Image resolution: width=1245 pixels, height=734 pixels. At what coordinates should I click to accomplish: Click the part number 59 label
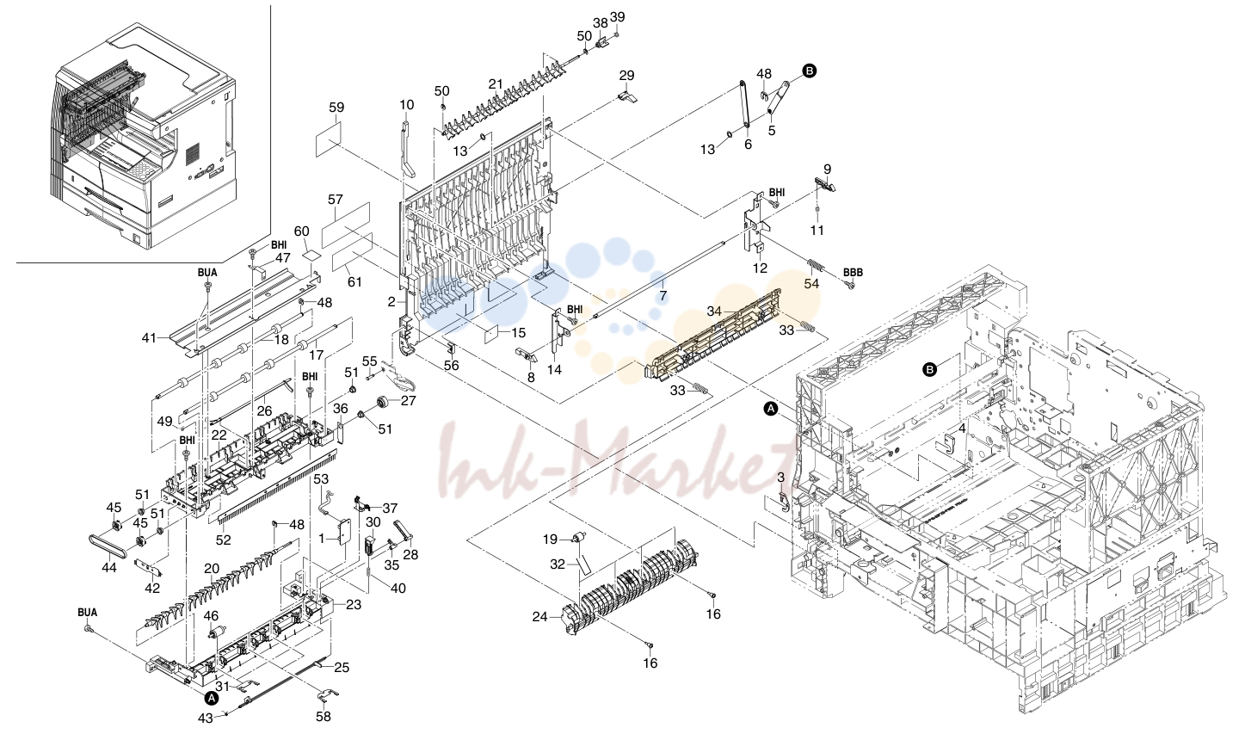click(336, 108)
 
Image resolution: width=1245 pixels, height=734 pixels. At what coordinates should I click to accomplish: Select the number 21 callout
click(496, 84)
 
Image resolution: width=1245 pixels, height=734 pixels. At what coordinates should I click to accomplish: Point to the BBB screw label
click(853, 273)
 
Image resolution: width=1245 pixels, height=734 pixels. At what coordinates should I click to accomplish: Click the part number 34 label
click(714, 311)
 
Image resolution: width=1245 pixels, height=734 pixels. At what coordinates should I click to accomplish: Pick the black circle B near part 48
click(810, 71)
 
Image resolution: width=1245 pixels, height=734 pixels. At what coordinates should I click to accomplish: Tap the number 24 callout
click(539, 617)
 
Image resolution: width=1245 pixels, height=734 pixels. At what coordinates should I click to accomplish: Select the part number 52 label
click(224, 540)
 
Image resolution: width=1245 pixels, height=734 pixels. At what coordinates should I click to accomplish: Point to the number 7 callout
click(663, 296)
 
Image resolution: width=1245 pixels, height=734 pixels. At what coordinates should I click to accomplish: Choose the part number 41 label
click(148, 337)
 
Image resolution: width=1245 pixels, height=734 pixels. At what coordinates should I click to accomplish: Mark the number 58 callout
click(323, 717)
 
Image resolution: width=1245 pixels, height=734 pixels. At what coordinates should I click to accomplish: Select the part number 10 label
click(407, 104)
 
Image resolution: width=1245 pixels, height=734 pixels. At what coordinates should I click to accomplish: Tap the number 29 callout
click(626, 75)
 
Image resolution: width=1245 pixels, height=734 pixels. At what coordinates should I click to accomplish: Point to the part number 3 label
click(781, 478)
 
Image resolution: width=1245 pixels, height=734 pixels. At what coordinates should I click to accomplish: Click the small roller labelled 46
click(212, 638)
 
